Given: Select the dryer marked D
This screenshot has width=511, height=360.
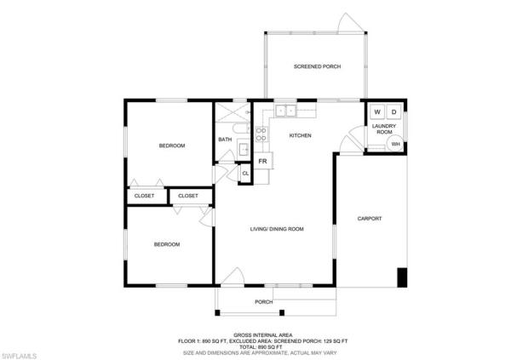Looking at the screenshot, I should (394, 112).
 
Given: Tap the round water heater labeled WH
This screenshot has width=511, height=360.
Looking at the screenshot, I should (396, 144).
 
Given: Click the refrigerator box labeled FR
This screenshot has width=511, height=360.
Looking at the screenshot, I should (263, 161).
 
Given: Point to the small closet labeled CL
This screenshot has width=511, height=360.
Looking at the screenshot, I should (245, 174).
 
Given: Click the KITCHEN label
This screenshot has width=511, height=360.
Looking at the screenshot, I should (300, 135).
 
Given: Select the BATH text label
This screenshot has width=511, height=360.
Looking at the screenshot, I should (225, 140).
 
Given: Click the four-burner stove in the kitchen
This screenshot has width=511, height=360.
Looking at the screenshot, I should (261, 134).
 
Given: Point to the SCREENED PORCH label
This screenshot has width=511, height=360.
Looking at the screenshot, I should (317, 66).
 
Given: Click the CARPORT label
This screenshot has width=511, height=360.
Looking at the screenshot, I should (369, 219).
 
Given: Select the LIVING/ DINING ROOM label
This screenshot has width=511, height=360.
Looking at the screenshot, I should (277, 229).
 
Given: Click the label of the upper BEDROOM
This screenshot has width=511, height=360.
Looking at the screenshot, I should (172, 146).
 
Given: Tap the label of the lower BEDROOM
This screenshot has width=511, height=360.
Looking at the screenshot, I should (166, 244).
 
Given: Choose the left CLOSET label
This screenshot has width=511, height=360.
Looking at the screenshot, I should (146, 196).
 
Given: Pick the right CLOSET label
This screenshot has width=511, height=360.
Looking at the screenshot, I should (188, 196).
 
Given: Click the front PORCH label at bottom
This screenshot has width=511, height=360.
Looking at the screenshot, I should (264, 301).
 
